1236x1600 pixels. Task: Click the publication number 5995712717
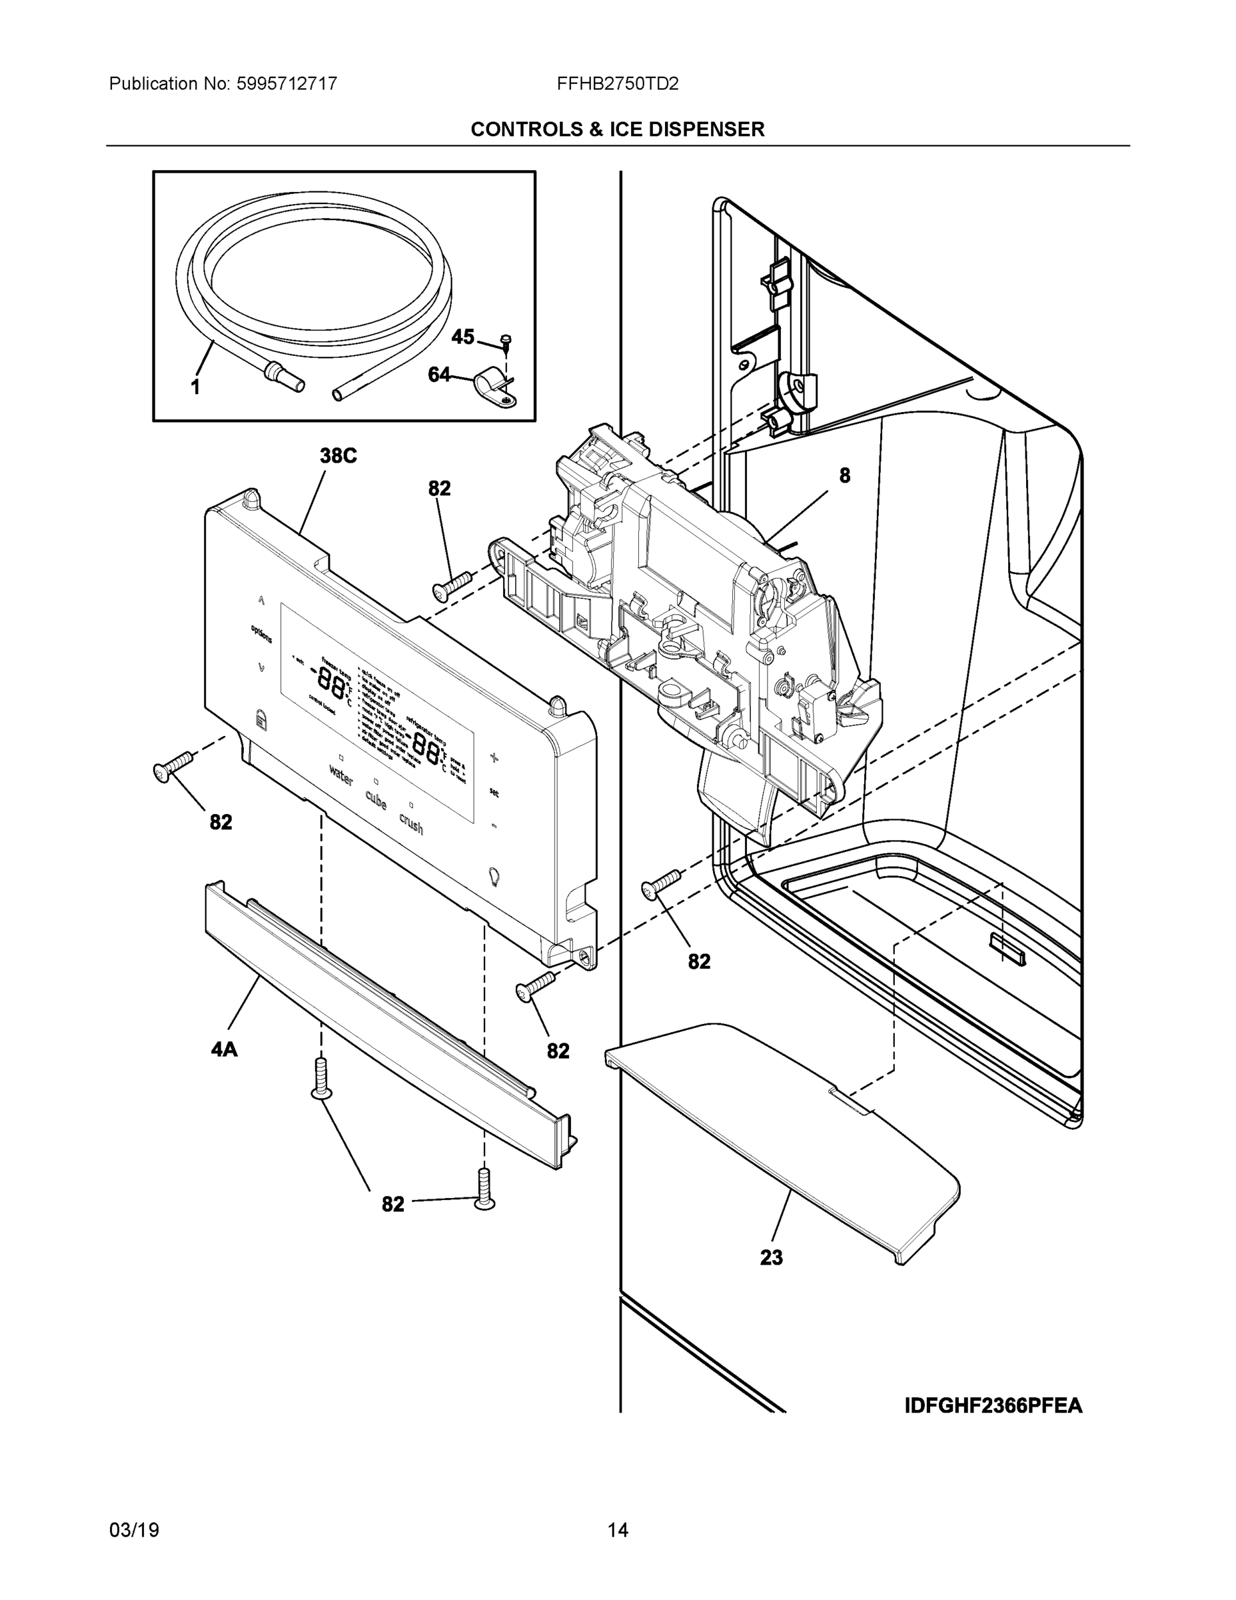tap(287, 83)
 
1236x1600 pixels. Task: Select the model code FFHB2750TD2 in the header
tap(617, 83)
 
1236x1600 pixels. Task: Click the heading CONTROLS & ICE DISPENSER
tap(617, 130)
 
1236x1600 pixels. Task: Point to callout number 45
tap(462, 337)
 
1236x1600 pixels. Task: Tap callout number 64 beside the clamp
tap(438, 375)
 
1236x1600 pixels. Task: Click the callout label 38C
tap(338, 456)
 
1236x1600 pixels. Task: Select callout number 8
tap(844, 475)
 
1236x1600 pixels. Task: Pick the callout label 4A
tap(224, 1050)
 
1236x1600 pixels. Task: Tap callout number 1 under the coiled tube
tap(195, 387)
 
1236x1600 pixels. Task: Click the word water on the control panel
tap(341, 776)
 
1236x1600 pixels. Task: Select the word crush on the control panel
tap(411, 823)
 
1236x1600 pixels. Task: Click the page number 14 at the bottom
tap(617, 1530)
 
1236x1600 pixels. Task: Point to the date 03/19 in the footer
tap(134, 1530)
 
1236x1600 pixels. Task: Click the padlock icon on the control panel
tap(261, 718)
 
